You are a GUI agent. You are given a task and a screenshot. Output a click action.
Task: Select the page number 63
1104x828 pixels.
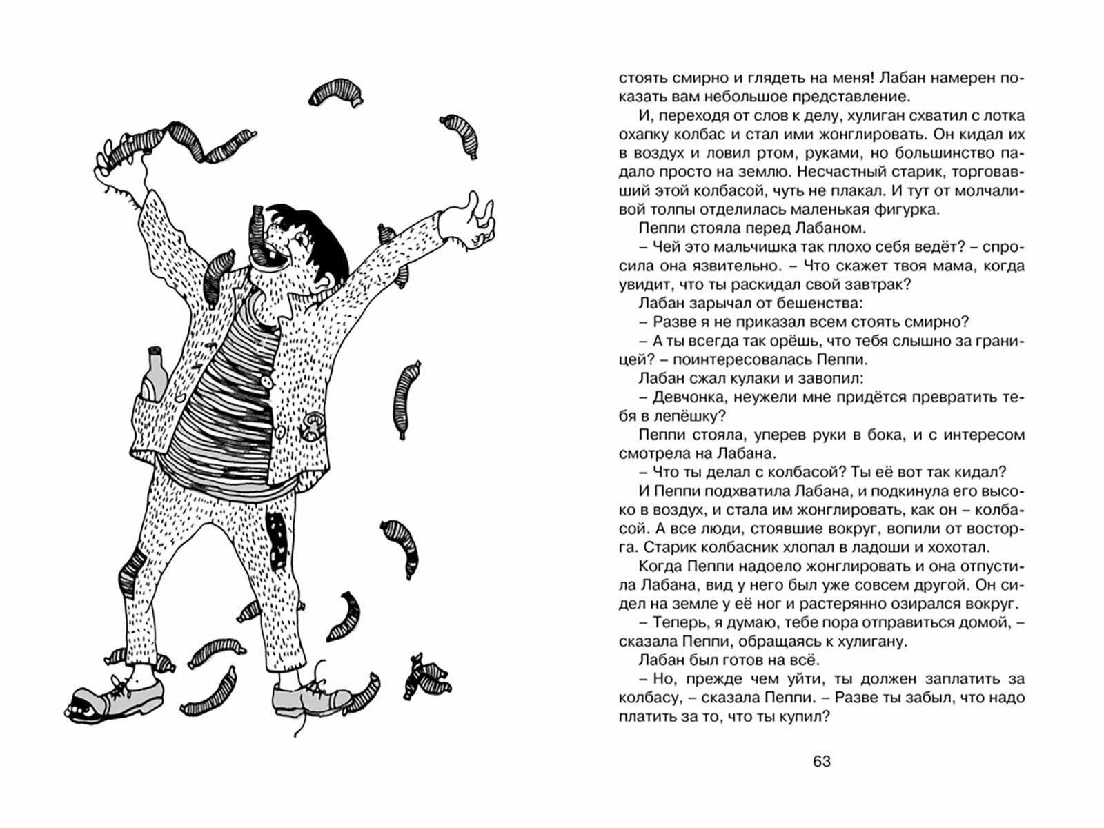pos(821,762)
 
